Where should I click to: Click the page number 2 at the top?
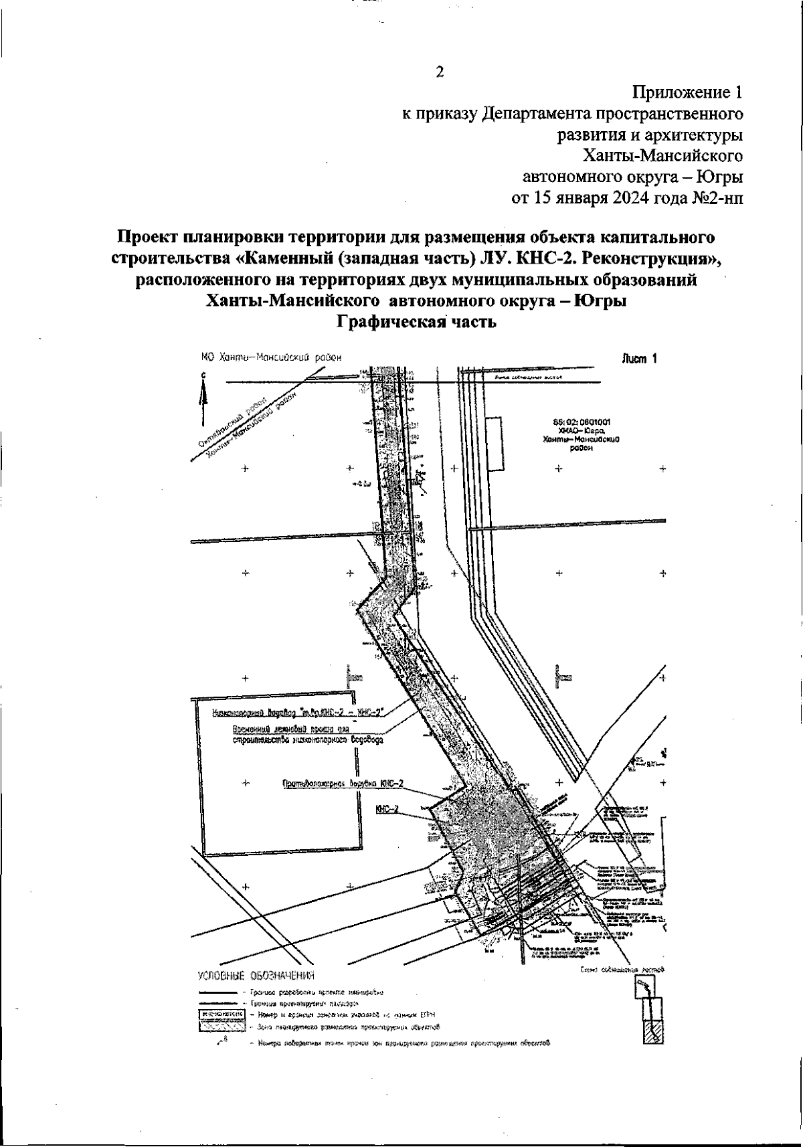[x=440, y=72]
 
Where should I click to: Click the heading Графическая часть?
[x=416, y=323]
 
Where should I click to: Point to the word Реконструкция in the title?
[x=648, y=258]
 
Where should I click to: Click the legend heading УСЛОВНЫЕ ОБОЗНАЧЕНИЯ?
[x=255, y=976]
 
